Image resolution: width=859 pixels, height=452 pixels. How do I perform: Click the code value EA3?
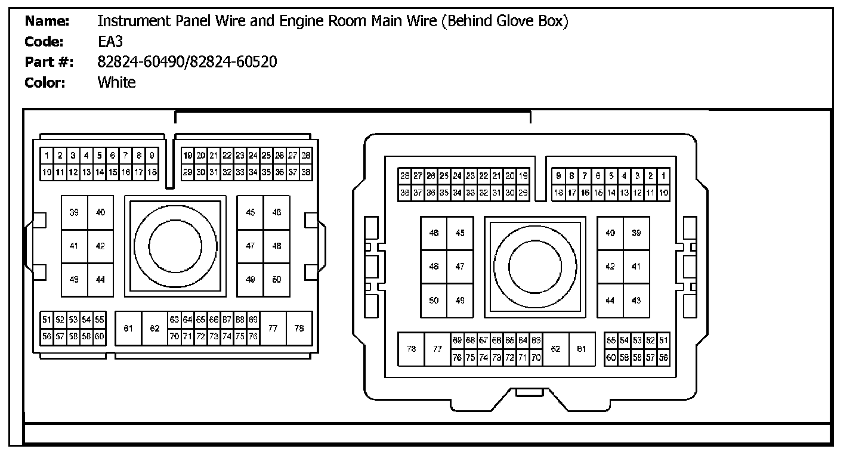pos(110,42)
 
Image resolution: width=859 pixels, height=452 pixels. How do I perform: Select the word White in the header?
pos(116,82)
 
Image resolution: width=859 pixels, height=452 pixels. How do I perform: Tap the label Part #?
pos(49,62)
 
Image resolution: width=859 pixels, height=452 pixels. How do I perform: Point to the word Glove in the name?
pos(518,21)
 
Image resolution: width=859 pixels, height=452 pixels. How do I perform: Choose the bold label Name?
pos(48,21)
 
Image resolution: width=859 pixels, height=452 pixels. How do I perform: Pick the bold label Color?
pos(45,82)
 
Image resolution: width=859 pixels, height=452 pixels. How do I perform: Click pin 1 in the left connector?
pos(47,156)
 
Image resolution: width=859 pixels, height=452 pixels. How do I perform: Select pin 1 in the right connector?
pos(663,176)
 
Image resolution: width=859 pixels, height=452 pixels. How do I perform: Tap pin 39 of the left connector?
pos(74,213)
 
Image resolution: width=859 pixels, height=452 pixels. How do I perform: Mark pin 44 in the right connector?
pos(610,301)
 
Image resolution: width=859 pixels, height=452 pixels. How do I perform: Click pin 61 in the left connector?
pos(128,328)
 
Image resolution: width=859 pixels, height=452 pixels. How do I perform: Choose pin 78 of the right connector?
pos(411,349)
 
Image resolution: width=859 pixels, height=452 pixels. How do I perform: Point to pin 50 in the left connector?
pos(277,279)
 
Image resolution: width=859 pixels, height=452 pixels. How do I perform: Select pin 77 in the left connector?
pos(273,328)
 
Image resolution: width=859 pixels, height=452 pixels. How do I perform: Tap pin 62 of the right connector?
pos(555,349)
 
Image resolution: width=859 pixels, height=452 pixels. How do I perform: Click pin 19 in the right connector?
pos(523,176)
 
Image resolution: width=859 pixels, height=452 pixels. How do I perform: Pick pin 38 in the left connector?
pos(306,172)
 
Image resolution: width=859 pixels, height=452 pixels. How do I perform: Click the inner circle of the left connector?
pos(175,246)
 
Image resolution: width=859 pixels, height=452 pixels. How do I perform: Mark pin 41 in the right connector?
pos(636,267)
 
